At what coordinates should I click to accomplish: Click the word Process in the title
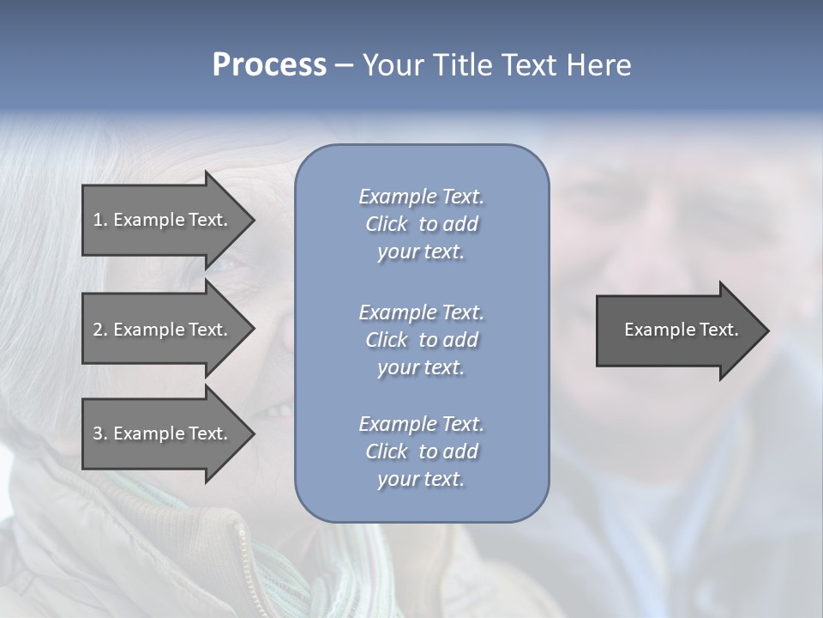[x=269, y=65]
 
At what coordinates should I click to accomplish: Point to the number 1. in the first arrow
[x=100, y=220]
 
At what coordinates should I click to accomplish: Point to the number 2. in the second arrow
[x=100, y=330]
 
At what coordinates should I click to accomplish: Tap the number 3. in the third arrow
[x=100, y=433]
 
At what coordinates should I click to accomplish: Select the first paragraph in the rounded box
[x=421, y=224]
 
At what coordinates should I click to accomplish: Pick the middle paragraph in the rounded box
[x=421, y=339]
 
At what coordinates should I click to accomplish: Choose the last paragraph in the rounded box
[x=421, y=451]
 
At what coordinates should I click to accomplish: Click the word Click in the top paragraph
[x=387, y=224]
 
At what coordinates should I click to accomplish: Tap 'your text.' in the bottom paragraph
[x=421, y=479]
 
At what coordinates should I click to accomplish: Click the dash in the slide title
[x=344, y=65]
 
